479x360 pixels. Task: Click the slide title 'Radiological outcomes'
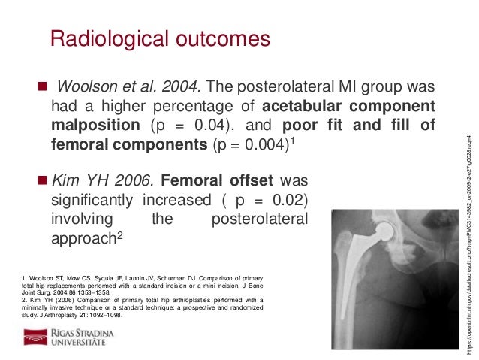pos(159,38)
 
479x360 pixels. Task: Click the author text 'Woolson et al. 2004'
pos(127,84)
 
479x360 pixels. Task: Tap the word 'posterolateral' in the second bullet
pos(260,219)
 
